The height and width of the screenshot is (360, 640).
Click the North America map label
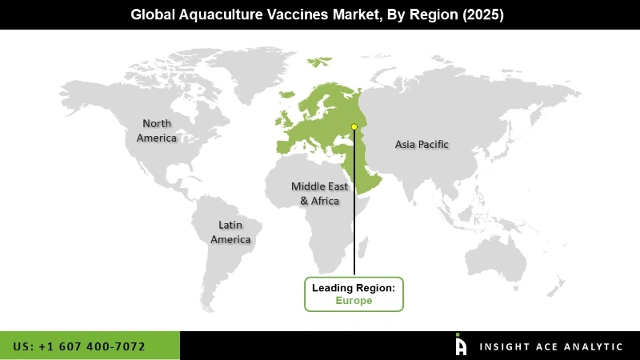tap(156, 130)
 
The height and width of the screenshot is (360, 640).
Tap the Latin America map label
tap(230, 232)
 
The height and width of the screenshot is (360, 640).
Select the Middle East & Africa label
tap(319, 194)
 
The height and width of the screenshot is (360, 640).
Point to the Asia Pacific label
tap(422, 145)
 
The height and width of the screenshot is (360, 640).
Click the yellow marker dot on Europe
tap(354, 126)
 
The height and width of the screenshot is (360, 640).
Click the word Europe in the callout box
tap(354, 301)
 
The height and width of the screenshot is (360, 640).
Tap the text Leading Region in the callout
tap(354, 287)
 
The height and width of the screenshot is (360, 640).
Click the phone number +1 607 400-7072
tap(99, 346)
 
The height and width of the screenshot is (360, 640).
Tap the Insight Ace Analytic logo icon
tap(461, 345)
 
